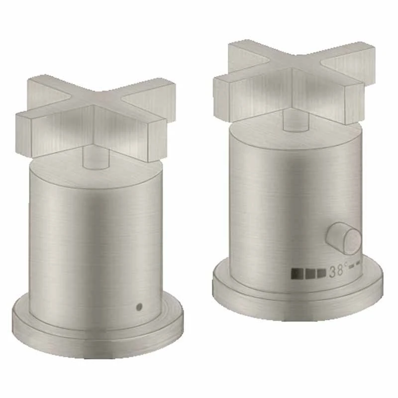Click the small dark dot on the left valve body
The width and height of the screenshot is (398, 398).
tap(138, 307)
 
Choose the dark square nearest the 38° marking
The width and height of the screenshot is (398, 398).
tap(321, 273)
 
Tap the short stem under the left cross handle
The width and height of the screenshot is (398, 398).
tap(96, 159)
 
